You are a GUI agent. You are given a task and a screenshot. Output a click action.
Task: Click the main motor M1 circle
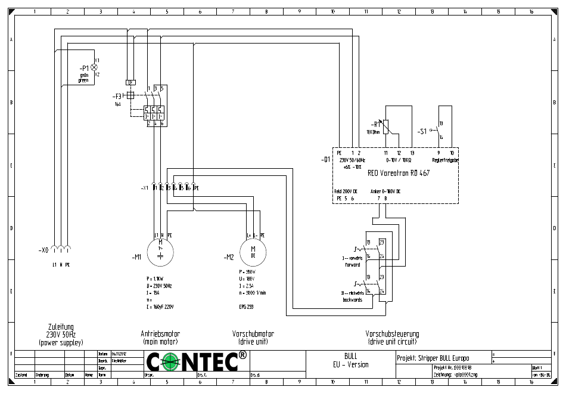click(x=160, y=252)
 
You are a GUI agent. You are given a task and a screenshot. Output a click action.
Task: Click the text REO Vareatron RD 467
click(x=399, y=174)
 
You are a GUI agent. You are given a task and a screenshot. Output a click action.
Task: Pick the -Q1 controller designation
click(x=325, y=160)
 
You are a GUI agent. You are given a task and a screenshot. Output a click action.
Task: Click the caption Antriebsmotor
click(x=160, y=334)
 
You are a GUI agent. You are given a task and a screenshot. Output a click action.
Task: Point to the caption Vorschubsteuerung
click(x=392, y=334)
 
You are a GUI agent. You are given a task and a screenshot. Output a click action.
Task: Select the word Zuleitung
click(x=61, y=327)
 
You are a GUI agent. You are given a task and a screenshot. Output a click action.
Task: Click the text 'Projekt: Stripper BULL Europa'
click(x=433, y=358)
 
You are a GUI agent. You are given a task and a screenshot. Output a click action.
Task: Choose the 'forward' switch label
click(x=352, y=264)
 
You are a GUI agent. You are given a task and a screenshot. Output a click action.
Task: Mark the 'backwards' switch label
click(x=352, y=299)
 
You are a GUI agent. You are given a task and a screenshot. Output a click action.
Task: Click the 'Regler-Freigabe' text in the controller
click(x=445, y=160)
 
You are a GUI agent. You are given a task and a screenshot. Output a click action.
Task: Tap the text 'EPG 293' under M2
click(x=245, y=307)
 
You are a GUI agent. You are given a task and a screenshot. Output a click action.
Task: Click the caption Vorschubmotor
click(x=253, y=334)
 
